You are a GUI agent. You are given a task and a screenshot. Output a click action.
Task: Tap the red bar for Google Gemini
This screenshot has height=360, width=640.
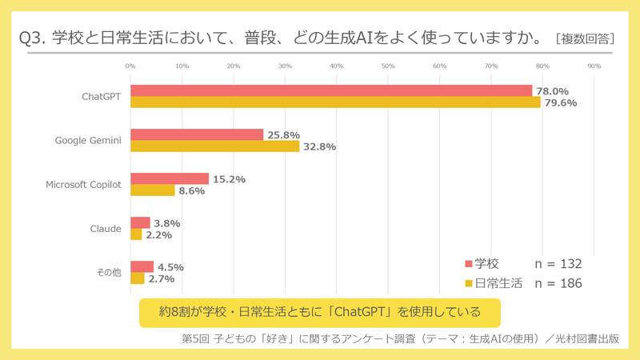point(197,134)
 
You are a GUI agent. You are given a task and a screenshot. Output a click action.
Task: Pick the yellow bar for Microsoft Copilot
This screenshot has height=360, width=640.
point(152,190)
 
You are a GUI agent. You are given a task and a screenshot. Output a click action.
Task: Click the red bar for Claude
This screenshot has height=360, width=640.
point(140,222)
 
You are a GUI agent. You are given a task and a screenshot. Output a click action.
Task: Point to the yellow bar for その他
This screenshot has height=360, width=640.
point(137,278)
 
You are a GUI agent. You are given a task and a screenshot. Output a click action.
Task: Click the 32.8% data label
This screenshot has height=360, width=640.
point(319,146)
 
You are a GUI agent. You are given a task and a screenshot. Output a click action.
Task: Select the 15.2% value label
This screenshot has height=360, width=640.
point(229,179)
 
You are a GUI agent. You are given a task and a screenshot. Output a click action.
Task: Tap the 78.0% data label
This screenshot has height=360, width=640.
point(552,91)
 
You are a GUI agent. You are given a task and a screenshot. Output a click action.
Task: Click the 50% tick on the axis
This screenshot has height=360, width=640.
point(388,66)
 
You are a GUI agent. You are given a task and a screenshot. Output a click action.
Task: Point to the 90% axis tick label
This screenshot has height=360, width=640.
point(594,66)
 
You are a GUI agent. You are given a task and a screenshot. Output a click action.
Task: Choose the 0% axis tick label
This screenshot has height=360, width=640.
point(130,66)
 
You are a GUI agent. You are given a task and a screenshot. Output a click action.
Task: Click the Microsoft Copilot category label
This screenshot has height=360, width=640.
point(83,185)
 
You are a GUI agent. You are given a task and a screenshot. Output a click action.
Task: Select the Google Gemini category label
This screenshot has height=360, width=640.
point(88,141)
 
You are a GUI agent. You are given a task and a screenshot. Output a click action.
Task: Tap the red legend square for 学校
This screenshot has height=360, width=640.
point(469,264)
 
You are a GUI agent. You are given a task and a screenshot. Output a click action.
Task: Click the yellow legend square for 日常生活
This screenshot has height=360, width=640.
point(469,283)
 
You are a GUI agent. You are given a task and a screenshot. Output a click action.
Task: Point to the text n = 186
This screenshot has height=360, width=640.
point(558,283)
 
